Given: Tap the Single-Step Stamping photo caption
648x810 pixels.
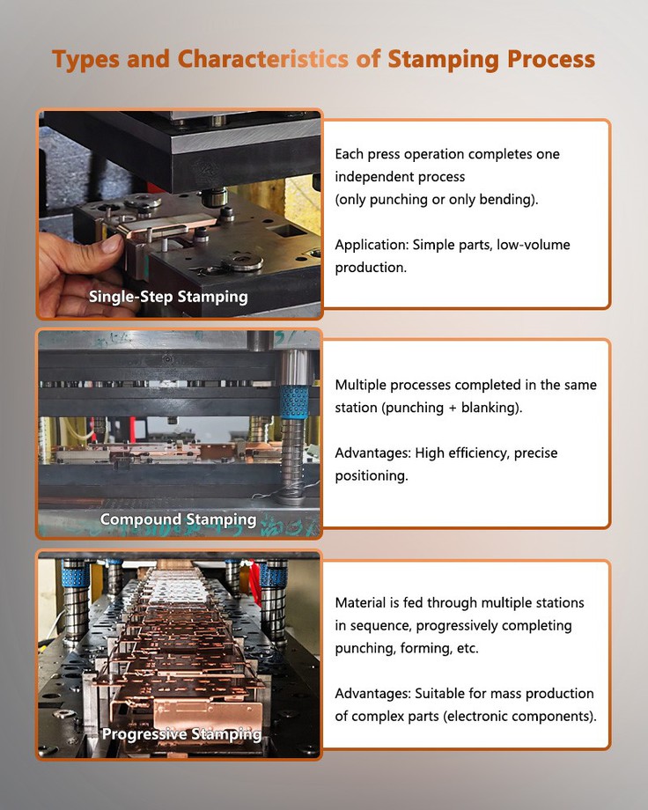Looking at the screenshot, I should (x=168, y=297).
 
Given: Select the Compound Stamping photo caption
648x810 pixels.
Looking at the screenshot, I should (x=178, y=519).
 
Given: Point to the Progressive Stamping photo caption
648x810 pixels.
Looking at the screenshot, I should (x=181, y=733).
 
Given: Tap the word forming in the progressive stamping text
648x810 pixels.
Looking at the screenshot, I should (x=421, y=649).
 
